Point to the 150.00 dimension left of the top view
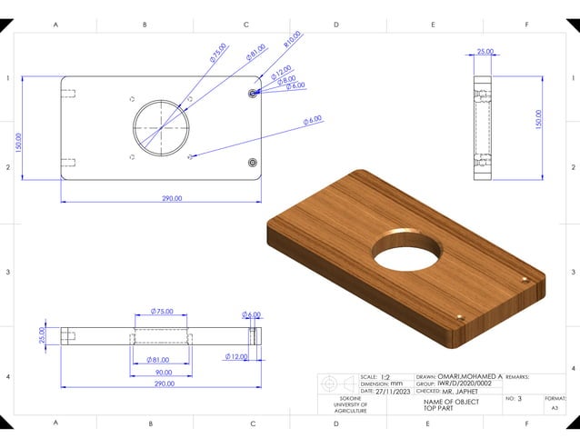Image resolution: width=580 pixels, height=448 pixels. (x=18, y=142)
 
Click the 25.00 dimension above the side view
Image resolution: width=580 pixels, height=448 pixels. (x=485, y=52)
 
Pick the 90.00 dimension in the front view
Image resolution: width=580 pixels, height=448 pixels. (x=163, y=372)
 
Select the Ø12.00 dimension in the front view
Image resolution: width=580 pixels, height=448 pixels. (x=236, y=357)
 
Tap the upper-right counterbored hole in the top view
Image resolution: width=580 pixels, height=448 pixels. (x=253, y=93)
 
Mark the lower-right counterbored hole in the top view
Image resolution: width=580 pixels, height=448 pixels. (x=253, y=162)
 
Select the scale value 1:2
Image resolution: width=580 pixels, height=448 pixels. (x=386, y=376)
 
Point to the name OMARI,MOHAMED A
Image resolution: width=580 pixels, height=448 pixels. (x=470, y=376)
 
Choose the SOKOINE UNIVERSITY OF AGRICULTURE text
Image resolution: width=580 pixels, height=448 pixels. (x=344, y=405)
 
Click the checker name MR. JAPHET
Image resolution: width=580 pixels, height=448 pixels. (x=463, y=392)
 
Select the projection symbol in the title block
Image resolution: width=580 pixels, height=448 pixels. (x=337, y=383)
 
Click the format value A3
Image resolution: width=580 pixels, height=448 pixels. (x=555, y=409)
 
